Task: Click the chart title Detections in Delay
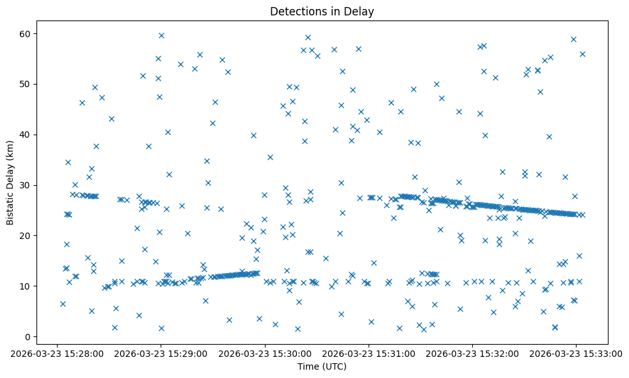point(322,12)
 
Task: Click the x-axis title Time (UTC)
point(322,366)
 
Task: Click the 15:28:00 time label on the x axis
point(58,352)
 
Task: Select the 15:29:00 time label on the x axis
point(161,352)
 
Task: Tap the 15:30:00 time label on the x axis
point(265,352)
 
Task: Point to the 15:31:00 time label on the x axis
point(369,352)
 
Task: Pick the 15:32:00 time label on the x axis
point(472,352)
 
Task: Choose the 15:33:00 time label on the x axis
point(576,352)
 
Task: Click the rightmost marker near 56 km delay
point(582,54)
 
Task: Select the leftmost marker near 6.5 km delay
point(63,304)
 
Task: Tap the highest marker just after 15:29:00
point(161,35)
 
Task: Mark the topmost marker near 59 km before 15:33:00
point(573,39)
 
